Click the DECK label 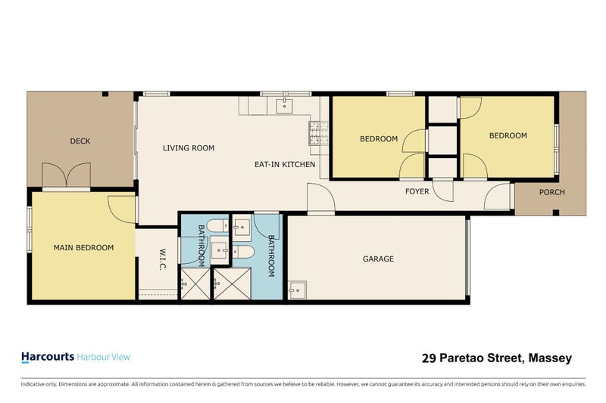coord(80,141)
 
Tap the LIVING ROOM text coord(189,148)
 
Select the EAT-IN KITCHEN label coord(284,164)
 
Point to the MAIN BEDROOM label coord(83,247)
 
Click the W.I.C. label coord(163,258)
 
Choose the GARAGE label coord(378,259)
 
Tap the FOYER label coord(417,191)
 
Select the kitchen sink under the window coord(285,104)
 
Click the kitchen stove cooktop coord(316,133)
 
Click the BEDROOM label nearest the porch coord(508,135)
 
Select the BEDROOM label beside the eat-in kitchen coord(379,138)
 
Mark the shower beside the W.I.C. coord(196,287)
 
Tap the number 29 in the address coord(428,358)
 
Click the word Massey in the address coord(551,358)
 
